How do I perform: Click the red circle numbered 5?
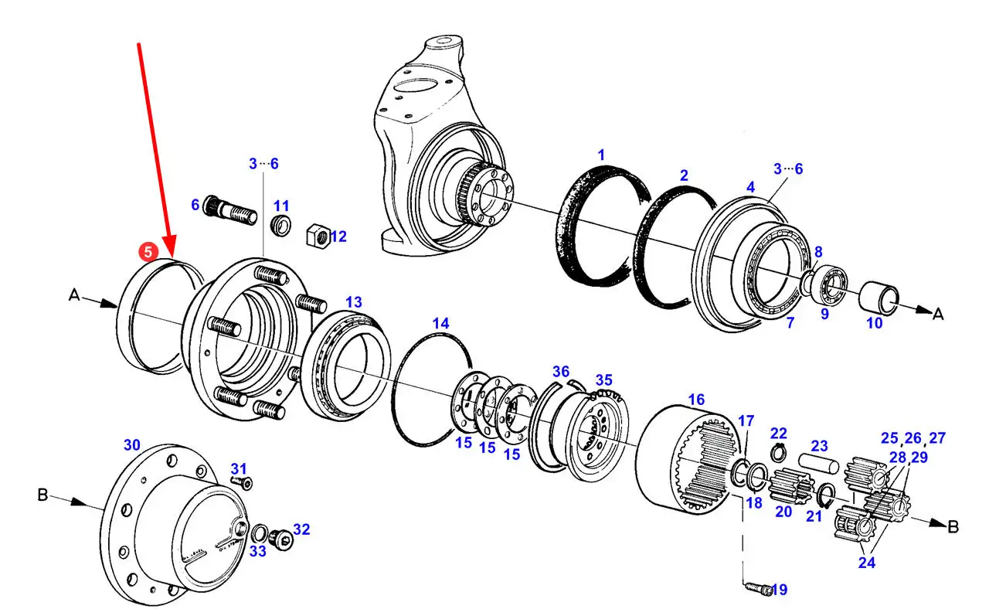pyautogui.click(x=148, y=252)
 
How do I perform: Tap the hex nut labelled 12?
pyautogui.click(x=318, y=236)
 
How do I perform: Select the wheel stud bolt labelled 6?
pyautogui.click(x=230, y=210)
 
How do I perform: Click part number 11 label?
pyautogui.click(x=281, y=206)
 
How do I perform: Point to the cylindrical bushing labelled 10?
pyautogui.click(x=879, y=298)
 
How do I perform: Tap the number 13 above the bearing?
pyautogui.click(x=354, y=302)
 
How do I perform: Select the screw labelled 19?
pyautogui.click(x=759, y=588)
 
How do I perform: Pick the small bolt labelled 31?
pyautogui.click(x=242, y=482)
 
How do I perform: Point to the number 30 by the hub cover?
pyautogui.click(x=132, y=444)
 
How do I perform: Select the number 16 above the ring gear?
pyautogui.click(x=696, y=400)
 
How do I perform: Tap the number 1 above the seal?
pyautogui.click(x=601, y=155)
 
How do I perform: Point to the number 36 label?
pyautogui.click(x=561, y=371)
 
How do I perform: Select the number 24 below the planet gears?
pyautogui.click(x=867, y=562)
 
